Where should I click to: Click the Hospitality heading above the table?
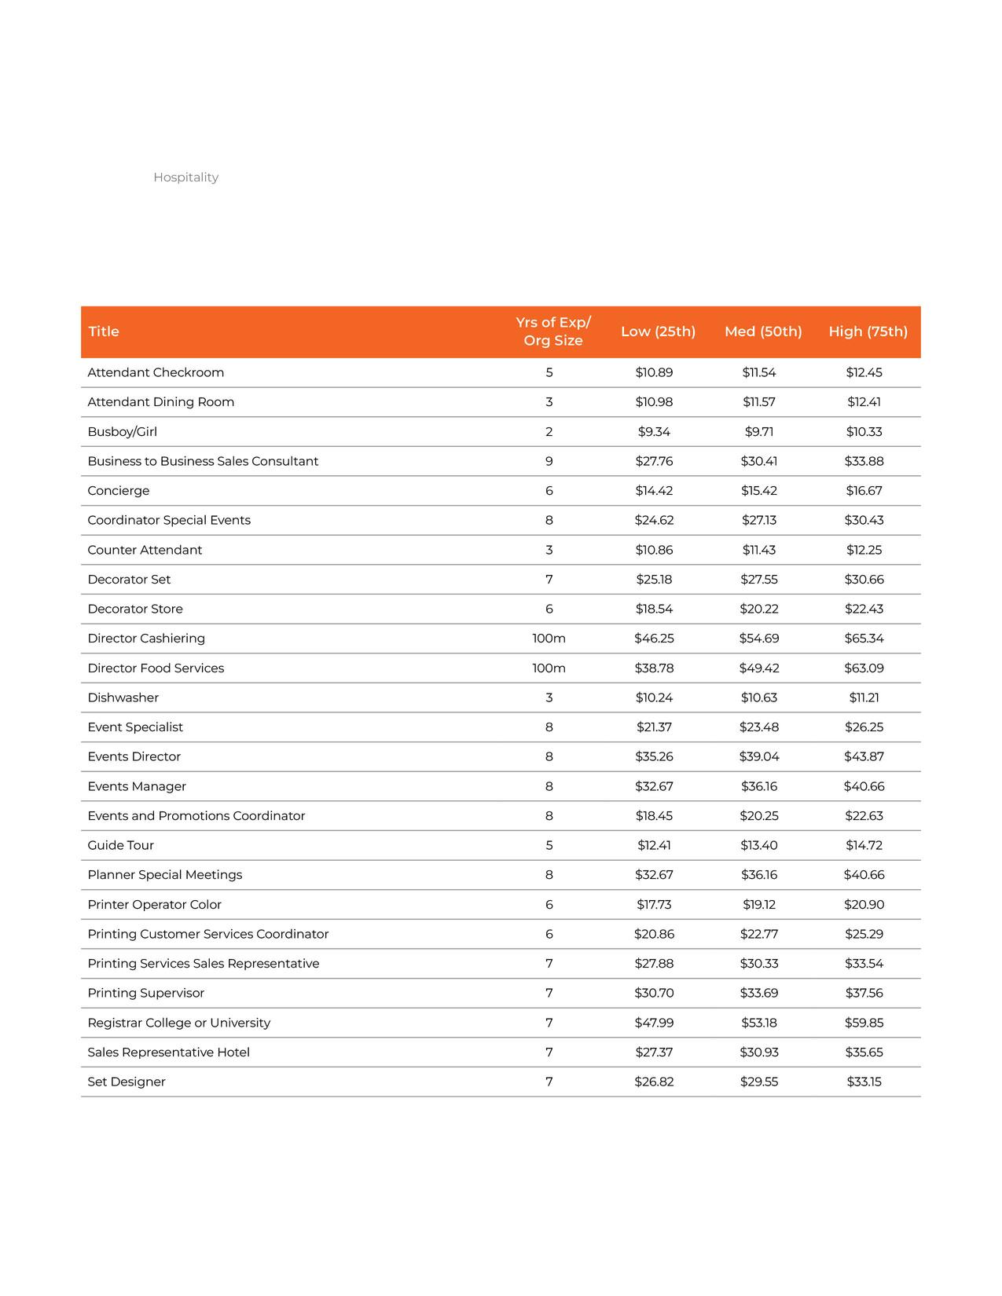pos(185,178)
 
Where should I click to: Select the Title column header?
pos(104,331)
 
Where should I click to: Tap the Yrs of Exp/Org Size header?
pos(553,331)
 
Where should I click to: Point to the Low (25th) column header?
pos(658,331)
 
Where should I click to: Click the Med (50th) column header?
pos(763,331)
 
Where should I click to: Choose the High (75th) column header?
pos(868,331)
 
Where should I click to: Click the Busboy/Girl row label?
pos(123,432)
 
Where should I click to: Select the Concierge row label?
pos(119,491)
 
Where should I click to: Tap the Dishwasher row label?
pos(123,697)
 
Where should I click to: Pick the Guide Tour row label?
pos(121,845)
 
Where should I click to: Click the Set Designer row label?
pos(127,1082)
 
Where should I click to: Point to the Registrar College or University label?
pos(179,1023)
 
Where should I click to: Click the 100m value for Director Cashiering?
pos(549,639)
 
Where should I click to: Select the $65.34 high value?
pos(864,639)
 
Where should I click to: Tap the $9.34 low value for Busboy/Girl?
pos(654,432)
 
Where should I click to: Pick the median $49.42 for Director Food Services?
pos(759,668)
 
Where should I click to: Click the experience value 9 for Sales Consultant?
pos(549,461)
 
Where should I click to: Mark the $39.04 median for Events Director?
pos(759,756)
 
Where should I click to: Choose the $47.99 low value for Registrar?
pos(654,1023)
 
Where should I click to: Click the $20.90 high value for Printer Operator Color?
pos(864,905)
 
